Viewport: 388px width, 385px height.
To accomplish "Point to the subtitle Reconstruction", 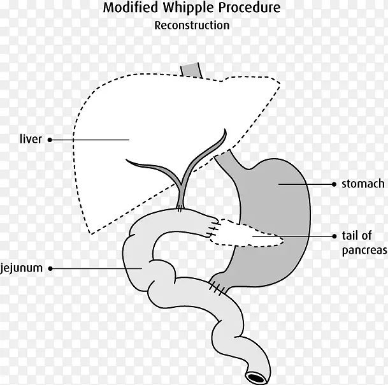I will click(x=192, y=26).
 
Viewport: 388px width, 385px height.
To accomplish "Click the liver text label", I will click(x=31, y=138).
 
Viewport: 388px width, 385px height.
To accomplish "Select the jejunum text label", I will click(x=22, y=268).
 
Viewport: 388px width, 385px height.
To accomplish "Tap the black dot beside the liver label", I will click(x=50, y=139).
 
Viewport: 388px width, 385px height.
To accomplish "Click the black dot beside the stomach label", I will click(x=334, y=184).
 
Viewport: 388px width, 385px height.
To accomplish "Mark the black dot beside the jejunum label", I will click(x=51, y=268).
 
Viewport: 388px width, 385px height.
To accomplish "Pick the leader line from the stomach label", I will click(x=306, y=184).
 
